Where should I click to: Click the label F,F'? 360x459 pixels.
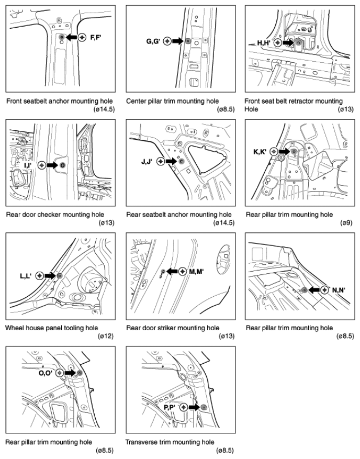point(96,38)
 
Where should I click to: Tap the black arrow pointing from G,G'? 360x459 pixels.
point(177,41)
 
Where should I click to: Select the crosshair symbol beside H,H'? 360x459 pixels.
point(278,43)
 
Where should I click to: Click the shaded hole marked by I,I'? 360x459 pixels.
point(62,165)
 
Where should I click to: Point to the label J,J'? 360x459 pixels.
point(147,161)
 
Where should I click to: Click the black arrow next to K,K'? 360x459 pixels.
point(284,151)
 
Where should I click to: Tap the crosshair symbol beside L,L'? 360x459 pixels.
point(40,276)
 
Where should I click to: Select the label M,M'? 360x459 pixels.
point(196,272)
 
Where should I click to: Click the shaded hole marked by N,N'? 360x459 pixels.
point(304,290)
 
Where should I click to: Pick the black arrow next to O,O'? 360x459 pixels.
point(70,373)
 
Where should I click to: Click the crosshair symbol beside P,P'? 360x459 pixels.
point(184,407)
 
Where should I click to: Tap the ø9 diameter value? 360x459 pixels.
point(346,223)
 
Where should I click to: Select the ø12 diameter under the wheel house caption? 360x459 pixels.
point(105,336)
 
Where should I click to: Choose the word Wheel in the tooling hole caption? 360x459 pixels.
point(14,328)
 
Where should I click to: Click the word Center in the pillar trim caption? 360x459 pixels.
point(135,102)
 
